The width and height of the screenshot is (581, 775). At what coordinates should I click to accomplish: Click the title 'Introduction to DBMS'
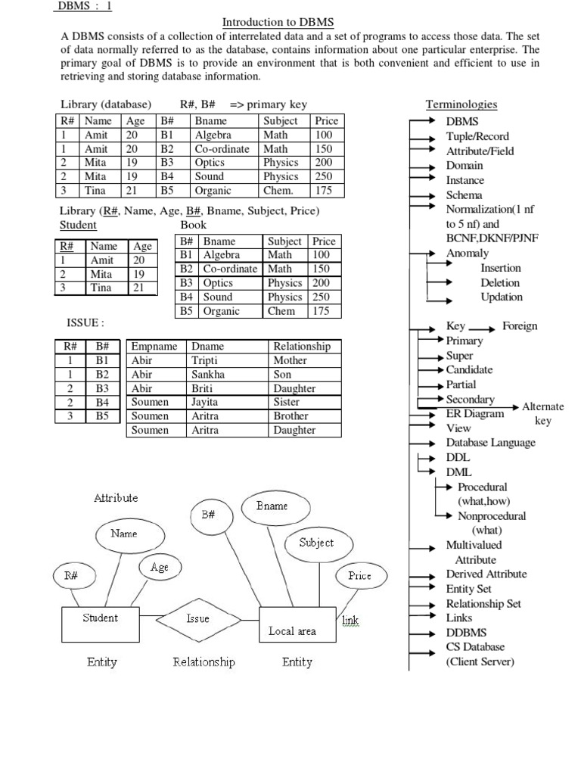278,23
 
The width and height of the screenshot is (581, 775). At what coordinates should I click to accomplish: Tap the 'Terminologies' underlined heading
461,104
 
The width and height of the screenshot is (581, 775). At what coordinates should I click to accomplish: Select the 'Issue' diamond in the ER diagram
197,618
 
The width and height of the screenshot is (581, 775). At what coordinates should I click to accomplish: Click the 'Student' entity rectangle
100,623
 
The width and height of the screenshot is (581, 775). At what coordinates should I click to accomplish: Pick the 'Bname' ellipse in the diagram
272,506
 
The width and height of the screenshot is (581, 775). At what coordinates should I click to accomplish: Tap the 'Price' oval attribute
359,576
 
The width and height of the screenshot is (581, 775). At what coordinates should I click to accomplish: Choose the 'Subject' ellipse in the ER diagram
316,543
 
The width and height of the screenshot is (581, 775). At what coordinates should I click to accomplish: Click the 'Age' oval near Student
160,568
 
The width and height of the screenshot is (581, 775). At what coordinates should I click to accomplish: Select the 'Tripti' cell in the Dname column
205,361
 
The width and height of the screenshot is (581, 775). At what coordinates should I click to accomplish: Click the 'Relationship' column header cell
301,347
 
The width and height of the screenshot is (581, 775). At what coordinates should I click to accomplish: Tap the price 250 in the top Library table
323,176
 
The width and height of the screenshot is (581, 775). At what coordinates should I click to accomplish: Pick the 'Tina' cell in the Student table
101,288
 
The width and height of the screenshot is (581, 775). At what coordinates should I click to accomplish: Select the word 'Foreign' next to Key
520,326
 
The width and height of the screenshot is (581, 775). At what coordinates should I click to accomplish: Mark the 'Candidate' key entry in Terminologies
469,370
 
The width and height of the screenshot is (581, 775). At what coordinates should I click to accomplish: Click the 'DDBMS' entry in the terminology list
466,633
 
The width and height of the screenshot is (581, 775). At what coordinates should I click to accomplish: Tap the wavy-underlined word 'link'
350,621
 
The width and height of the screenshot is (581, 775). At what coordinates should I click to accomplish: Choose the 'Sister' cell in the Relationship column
287,403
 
